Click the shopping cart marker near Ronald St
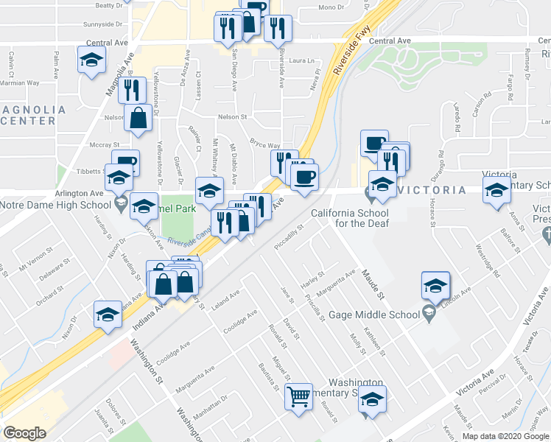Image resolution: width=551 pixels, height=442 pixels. [300, 396]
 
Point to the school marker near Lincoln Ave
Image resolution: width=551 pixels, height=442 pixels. [435, 285]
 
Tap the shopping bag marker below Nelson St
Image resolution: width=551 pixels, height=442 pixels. [138, 118]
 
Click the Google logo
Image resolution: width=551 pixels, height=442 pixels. [24, 432]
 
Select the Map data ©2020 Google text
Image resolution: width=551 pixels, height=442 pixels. [505, 436]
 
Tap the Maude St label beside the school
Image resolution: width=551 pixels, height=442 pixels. [373, 286]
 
